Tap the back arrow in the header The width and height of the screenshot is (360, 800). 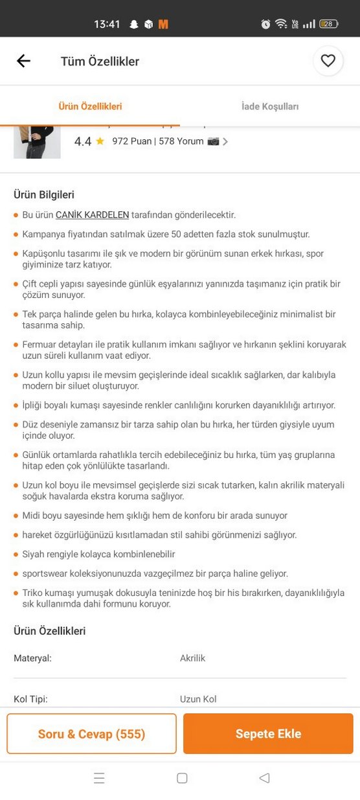tap(23, 61)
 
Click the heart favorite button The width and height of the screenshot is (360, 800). tap(328, 61)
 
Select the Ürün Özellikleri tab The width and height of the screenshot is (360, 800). tap(90, 106)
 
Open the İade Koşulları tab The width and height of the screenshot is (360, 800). tap(270, 106)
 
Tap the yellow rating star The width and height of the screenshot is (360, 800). tap(100, 141)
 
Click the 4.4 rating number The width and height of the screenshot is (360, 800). tap(83, 141)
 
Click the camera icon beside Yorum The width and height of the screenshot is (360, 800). tap(213, 141)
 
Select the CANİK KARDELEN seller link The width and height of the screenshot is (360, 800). tap(92, 215)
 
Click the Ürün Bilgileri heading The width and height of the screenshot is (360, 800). tap(44, 194)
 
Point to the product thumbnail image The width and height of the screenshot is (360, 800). tap(37, 144)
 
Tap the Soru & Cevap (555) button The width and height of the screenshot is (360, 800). tap(91, 734)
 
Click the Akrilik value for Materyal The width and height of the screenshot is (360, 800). tap(192, 658)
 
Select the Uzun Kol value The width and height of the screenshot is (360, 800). tap(198, 699)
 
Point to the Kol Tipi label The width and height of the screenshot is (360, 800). tap(30, 699)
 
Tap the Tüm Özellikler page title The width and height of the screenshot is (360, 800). tap(100, 62)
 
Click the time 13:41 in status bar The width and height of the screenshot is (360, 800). tap(107, 24)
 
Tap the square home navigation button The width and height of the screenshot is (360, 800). tap(182, 778)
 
